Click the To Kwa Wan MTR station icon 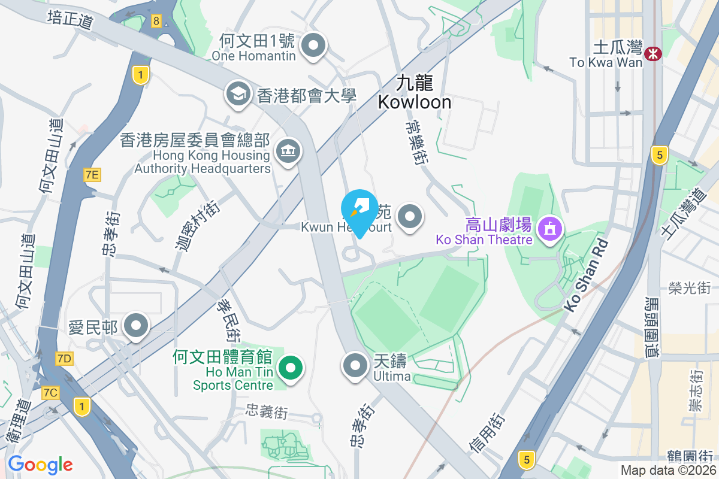(x=652, y=54)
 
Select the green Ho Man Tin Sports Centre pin (x=291, y=366)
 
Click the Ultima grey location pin (x=355, y=365)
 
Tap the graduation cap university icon (x=238, y=94)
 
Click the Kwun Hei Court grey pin (x=410, y=217)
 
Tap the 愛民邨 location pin (x=136, y=326)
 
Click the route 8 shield (x=156, y=22)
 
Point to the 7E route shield (x=92, y=175)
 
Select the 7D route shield (x=64, y=359)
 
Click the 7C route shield (x=51, y=393)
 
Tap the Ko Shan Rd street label (x=586, y=275)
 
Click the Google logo (x=40, y=465)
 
